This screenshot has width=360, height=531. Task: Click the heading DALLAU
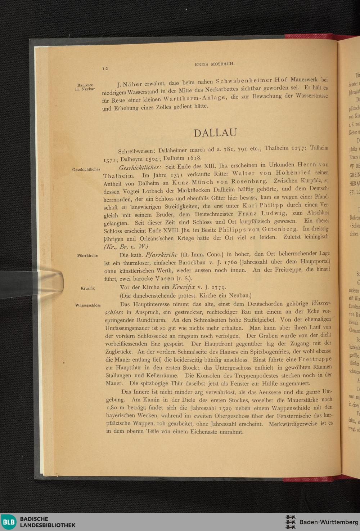click(x=215, y=133)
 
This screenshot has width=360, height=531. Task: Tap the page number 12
click(x=105, y=68)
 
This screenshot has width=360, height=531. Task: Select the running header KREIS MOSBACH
click(x=215, y=64)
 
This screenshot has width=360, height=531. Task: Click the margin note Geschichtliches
click(x=86, y=169)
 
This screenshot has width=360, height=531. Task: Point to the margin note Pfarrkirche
click(x=87, y=255)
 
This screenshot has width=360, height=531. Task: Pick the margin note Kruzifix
click(x=88, y=288)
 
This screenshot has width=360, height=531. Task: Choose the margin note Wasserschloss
click(x=88, y=305)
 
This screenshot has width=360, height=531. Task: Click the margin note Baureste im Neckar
click(x=85, y=87)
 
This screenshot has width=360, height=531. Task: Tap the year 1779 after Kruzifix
click(x=218, y=287)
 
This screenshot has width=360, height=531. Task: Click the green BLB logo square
click(x=9, y=522)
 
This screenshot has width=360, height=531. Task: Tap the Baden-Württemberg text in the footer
click(x=328, y=522)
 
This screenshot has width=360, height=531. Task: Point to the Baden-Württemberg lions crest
click(x=290, y=522)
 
